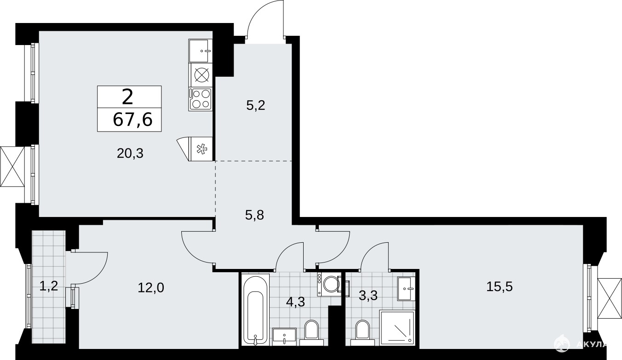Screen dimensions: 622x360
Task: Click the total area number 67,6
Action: (x=133, y=120)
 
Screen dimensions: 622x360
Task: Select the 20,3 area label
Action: (x=130, y=154)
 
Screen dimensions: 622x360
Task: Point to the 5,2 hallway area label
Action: (x=256, y=106)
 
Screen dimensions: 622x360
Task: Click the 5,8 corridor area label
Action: (x=254, y=215)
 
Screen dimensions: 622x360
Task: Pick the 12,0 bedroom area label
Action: (x=151, y=288)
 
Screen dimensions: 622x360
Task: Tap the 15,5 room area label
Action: (x=499, y=287)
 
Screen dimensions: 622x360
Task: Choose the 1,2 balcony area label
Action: (x=49, y=286)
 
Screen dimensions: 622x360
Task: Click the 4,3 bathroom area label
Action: (x=295, y=302)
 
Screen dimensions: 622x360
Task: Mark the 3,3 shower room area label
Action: (x=368, y=296)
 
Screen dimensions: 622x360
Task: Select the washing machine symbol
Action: (x=329, y=284)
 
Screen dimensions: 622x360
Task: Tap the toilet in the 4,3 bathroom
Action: (x=311, y=333)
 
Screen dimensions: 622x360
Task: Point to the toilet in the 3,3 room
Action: (x=362, y=333)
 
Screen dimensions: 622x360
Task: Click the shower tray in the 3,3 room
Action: (x=397, y=328)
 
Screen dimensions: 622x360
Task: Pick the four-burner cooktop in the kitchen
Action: (x=201, y=99)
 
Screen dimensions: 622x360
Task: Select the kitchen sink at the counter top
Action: (x=200, y=51)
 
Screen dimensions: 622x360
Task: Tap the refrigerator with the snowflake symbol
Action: (x=201, y=149)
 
